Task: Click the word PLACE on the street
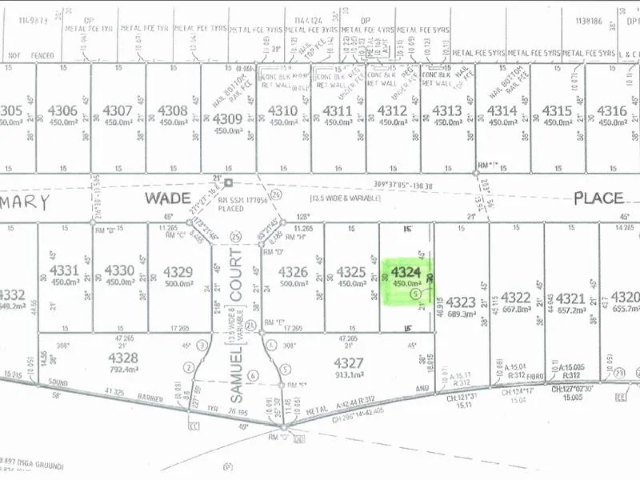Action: click(597, 197)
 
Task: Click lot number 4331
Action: click(65, 270)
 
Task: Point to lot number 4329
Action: click(178, 272)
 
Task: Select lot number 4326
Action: click(293, 272)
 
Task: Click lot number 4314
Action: click(502, 111)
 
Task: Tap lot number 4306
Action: click(63, 111)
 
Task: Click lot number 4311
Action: click(337, 111)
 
